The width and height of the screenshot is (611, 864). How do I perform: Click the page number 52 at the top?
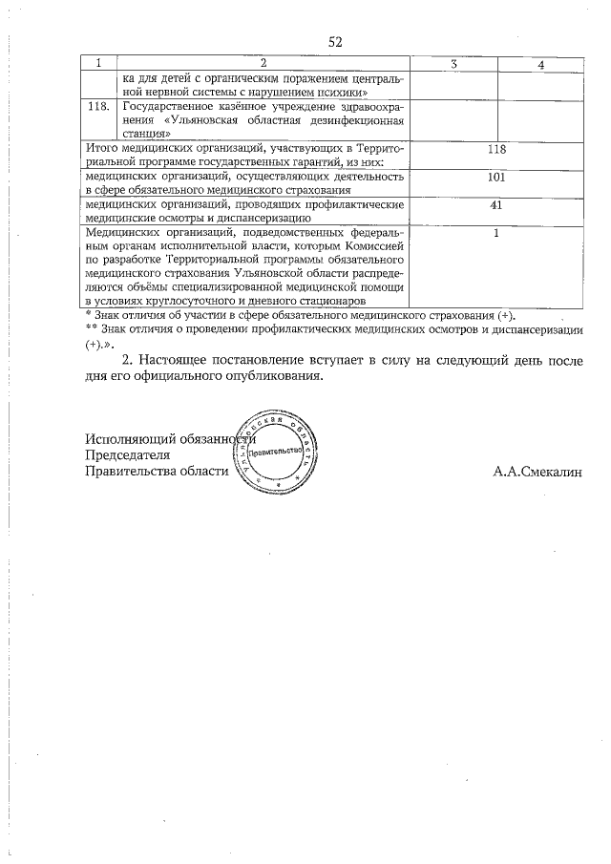click(335, 41)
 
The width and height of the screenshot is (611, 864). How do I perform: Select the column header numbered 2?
click(263, 63)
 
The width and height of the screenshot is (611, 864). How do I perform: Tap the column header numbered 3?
click(453, 63)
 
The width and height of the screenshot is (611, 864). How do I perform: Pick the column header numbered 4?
click(540, 64)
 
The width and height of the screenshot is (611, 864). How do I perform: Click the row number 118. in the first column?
click(99, 109)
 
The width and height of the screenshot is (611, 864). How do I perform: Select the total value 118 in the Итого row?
click(495, 150)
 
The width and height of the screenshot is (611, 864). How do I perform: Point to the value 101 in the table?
click(495, 178)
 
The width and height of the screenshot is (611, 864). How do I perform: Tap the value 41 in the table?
click(495, 205)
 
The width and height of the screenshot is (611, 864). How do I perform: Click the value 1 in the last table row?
click(495, 233)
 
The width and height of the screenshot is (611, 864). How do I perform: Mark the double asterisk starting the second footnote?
click(91, 329)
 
